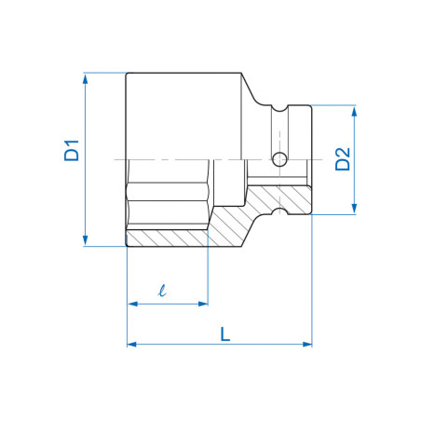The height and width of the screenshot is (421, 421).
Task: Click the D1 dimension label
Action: click(x=72, y=151)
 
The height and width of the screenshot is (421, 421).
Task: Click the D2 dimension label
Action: click(x=342, y=159)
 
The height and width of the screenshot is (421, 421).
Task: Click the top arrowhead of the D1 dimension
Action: click(x=85, y=78)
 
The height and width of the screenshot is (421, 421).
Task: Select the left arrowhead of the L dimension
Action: click(x=131, y=344)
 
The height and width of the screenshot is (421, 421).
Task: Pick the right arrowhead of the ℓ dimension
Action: click(x=203, y=303)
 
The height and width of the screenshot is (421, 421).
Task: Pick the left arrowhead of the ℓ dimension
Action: click(x=131, y=303)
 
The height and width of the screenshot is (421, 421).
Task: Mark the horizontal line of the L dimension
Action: click(x=220, y=344)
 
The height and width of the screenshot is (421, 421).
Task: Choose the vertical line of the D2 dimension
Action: click(x=354, y=186)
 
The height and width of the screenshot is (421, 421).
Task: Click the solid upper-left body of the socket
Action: click(x=182, y=112)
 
